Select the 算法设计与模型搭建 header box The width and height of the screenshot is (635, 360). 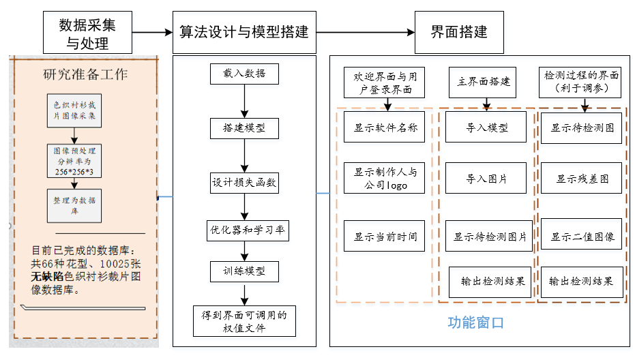click(x=244, y=33)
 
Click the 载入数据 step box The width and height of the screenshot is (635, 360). click(x=244, y=74)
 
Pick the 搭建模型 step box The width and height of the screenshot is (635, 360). click(x=244, y=127)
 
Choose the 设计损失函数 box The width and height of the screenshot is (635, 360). click(x=244, y=183)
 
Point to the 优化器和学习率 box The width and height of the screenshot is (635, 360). click(x=247, y=230)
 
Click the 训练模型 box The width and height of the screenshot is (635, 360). click(x=244, y=271)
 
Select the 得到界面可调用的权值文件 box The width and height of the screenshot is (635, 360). click(x=244, y=320)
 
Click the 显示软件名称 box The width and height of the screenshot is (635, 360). click(x=385, y=127)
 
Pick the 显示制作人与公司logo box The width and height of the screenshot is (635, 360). click(x=385, y=178)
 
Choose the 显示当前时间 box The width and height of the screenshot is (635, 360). click(x=385, y=237)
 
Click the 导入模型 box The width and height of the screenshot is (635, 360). click(x=486, y=127)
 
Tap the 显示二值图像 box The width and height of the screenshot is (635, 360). click(x=582, y=237)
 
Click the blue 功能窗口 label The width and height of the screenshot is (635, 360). click(x=475, y=322)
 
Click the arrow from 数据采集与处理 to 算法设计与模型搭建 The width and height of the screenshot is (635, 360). click(x=151, y=32)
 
